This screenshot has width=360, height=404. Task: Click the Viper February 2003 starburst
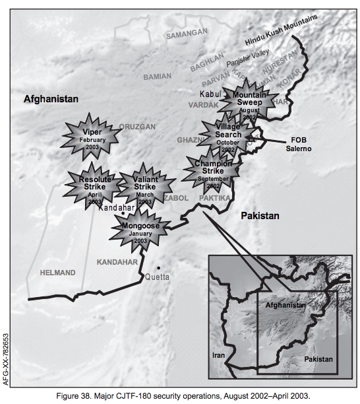coord(92,135)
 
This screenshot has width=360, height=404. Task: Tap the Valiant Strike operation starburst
coord(144,185)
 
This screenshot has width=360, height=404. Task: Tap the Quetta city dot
coord(158,267)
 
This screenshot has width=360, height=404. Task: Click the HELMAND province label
coord(59,272)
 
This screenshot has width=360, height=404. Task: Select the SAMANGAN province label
coord(186,34)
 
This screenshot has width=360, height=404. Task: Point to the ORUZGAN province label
coord(138,126)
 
